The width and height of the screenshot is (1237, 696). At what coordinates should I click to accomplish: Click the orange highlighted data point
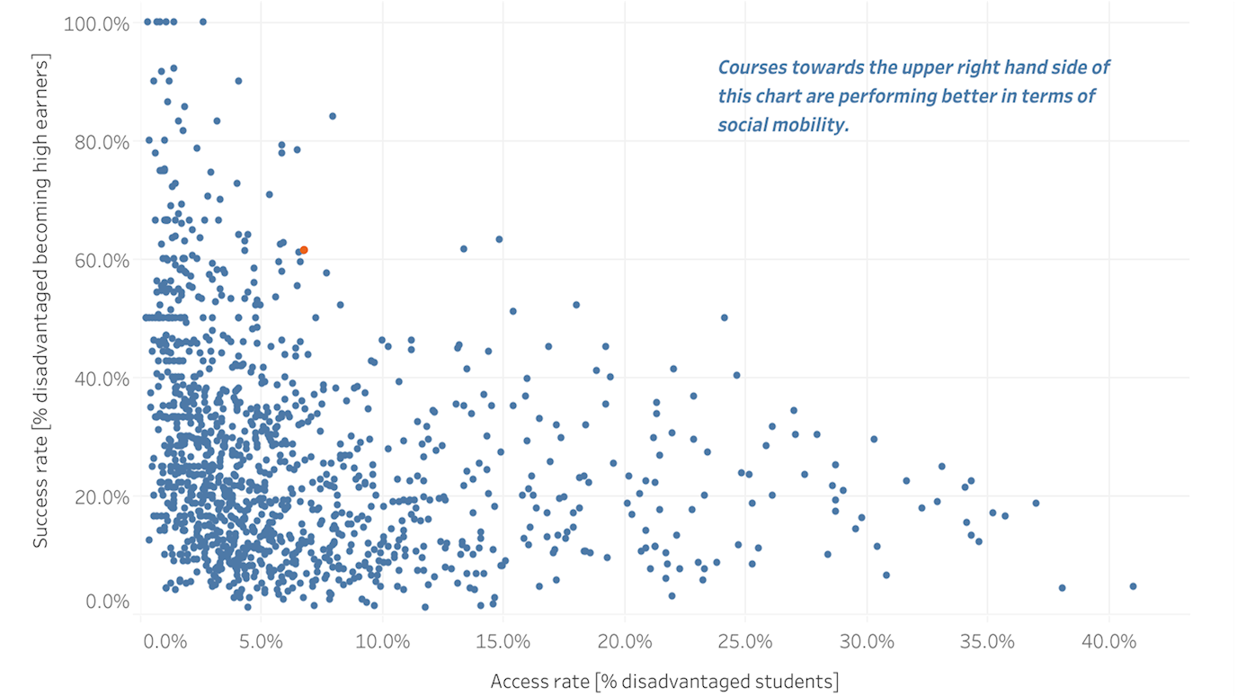coord(304,250)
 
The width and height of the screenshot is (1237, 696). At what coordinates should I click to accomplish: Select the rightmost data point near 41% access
coord(1133,586)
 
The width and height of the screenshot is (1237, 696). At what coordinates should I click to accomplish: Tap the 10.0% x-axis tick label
coord(382,643)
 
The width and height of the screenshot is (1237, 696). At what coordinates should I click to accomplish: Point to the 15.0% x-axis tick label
coord(503,643)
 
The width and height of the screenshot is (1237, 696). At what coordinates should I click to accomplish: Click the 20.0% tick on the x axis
coord(624,643)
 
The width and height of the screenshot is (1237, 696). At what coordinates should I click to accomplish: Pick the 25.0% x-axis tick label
coord(745,643)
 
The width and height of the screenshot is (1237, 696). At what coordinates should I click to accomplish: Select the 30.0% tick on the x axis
coord(867,643)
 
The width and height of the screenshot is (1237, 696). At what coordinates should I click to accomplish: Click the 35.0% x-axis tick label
coord(988,643)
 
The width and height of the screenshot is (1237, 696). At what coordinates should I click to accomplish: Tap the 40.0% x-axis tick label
coord(1108,643)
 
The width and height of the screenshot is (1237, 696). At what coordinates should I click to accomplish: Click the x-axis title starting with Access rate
coord(664,681)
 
